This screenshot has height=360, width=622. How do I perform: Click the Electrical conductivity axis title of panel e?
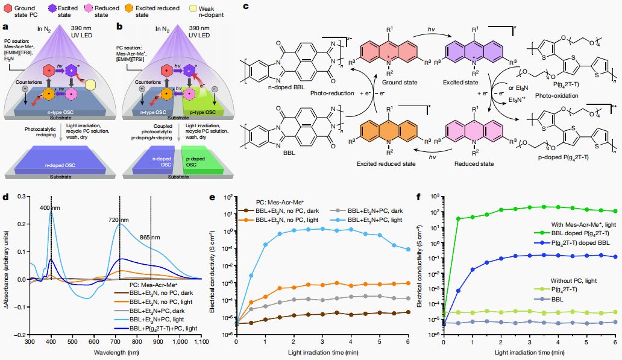click(213, 265)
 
